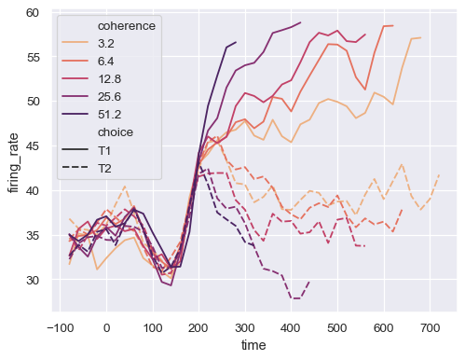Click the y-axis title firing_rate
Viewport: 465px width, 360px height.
13,160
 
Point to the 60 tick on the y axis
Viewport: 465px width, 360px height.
33,12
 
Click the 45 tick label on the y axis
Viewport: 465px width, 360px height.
33,145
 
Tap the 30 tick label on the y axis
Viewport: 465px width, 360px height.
33,280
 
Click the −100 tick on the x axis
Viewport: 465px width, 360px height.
61,327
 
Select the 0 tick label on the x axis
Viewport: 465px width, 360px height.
106,327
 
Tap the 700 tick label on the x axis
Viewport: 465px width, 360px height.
430,327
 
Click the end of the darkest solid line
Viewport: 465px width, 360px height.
236,42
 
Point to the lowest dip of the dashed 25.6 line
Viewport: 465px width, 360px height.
295,298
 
